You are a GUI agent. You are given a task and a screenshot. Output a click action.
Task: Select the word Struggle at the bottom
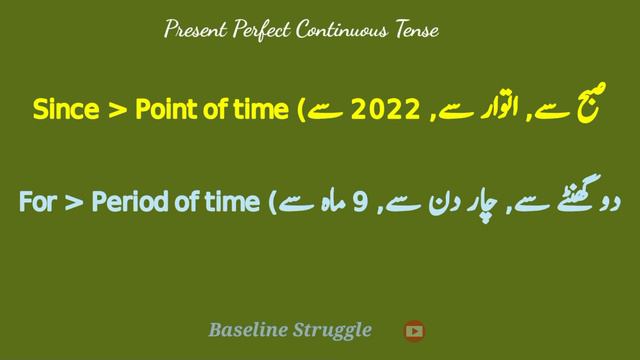click(334, 330)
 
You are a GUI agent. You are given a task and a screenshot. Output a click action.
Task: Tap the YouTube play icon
click(414, 330)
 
